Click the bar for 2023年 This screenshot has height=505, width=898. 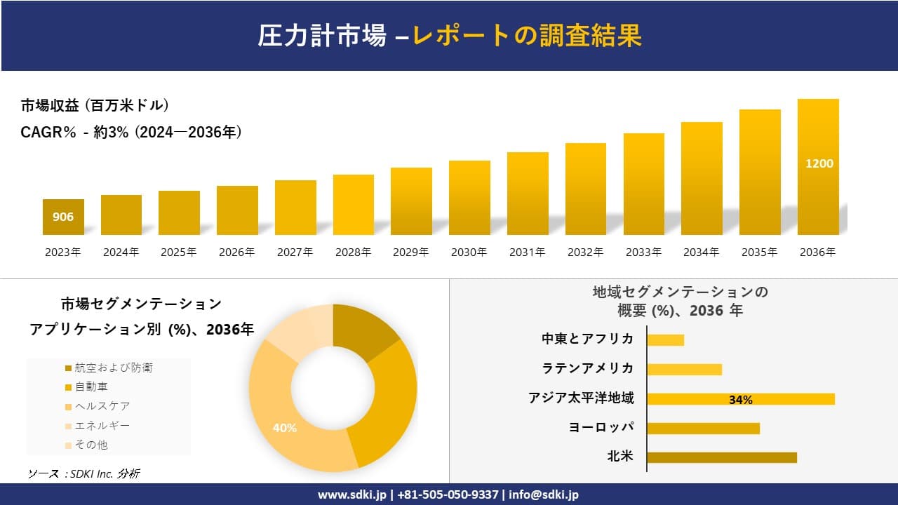pyautogui.click(x=63, y=217)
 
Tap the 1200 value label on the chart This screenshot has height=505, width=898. pyautogui.click(x=819, y=163)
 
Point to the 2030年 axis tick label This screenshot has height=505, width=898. pyautogui.click(x=469, y=252)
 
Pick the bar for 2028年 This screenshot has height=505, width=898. pyautogui.click(x=354, y=205)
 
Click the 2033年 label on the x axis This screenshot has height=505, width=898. pyautogui.click(x=643, y=252)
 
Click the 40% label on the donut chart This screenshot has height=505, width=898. pyautogui.click(x=284, y=428)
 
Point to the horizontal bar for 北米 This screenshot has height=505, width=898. pyautogui.click(x=721, y=457)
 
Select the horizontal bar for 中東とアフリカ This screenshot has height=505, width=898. pyautogui.click(x=665, y=340)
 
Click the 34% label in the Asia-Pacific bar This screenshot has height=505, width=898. pyautogui.click(x=740, y=400)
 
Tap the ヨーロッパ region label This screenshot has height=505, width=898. pyautogui.click(x=601, y=427)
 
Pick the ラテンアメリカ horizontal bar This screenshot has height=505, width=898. pyautogui.click(x=684, y=370)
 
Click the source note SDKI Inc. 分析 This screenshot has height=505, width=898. pyautogui.click(x=83, y=474)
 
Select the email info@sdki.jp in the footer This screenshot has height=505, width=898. pyautogui.click(x=544, y=494)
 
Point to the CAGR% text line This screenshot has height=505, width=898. pyautogui.click(x=131, y=132)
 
